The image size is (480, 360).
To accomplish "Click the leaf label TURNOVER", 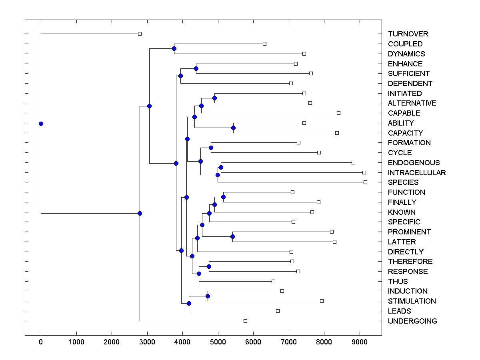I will tap(408, 34).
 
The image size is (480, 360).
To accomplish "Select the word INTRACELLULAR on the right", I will tap(417, 173).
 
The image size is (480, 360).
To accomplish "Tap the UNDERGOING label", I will tap(412, 321).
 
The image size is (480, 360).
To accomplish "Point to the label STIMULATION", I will tap(412, 301).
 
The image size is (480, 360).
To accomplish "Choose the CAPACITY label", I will tap(405, 133).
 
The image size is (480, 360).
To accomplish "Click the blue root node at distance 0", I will tap(41, 124).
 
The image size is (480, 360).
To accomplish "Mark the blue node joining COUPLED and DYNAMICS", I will tap(174, 48).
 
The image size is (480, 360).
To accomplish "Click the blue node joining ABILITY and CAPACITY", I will tap(233, 128).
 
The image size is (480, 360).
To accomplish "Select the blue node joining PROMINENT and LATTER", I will tap(232, 237).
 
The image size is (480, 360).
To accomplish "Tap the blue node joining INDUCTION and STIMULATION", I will tap(208, 296).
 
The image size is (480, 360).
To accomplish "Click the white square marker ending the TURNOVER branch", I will tap(140, 34).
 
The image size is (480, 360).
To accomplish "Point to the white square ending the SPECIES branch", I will tap(365, 182).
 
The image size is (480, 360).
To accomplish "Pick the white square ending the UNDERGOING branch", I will tap(245, 321).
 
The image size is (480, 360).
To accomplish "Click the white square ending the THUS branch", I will tap(273, 281).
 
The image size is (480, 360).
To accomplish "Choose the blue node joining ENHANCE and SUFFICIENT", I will tap(196, 68).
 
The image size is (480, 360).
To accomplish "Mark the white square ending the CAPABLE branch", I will tap(338, 113).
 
